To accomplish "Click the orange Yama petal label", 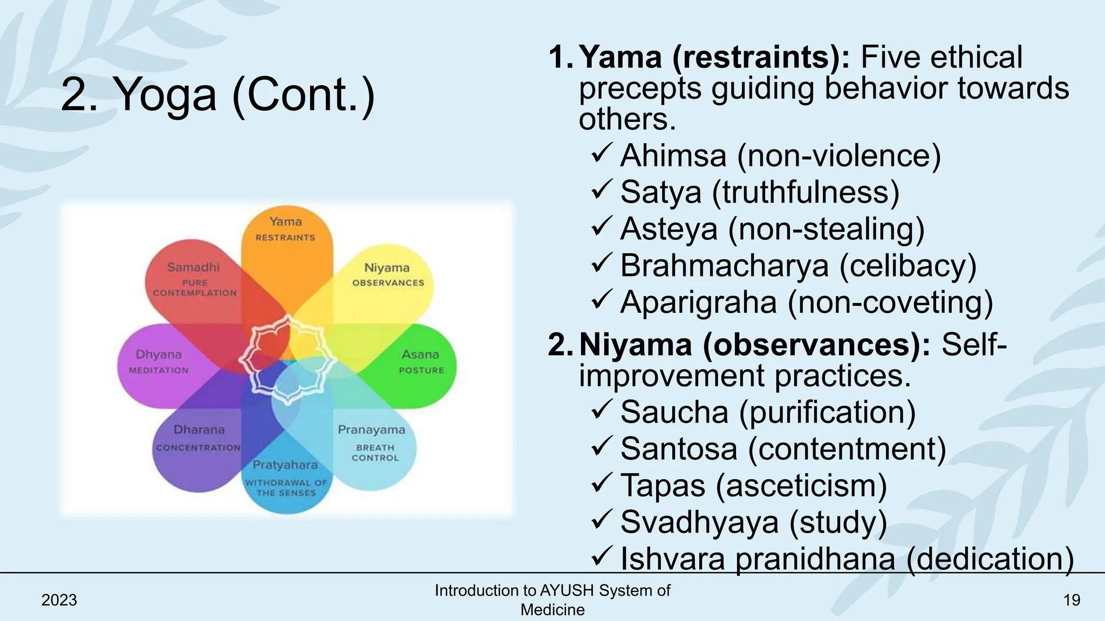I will [x=285, y=222].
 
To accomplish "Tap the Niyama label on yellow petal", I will [x=387, y=268].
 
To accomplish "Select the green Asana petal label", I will [x=420, y=355].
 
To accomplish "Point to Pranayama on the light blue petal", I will [x=371, y=430].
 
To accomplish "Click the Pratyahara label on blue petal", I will [x=285, y=465].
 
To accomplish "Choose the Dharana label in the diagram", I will [x=199, y=430].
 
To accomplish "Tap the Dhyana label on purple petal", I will [x=159, y=355].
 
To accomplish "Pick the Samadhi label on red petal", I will [x=194, y=267].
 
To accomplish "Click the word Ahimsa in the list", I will [x=673, y=156].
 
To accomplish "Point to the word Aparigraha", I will [x=699, y=302].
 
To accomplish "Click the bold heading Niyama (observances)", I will [x=755, y=344].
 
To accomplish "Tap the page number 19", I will [x=1072, y=600].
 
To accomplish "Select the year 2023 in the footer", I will [x=59, y=600].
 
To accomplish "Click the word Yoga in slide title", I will [x=167, y=95].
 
